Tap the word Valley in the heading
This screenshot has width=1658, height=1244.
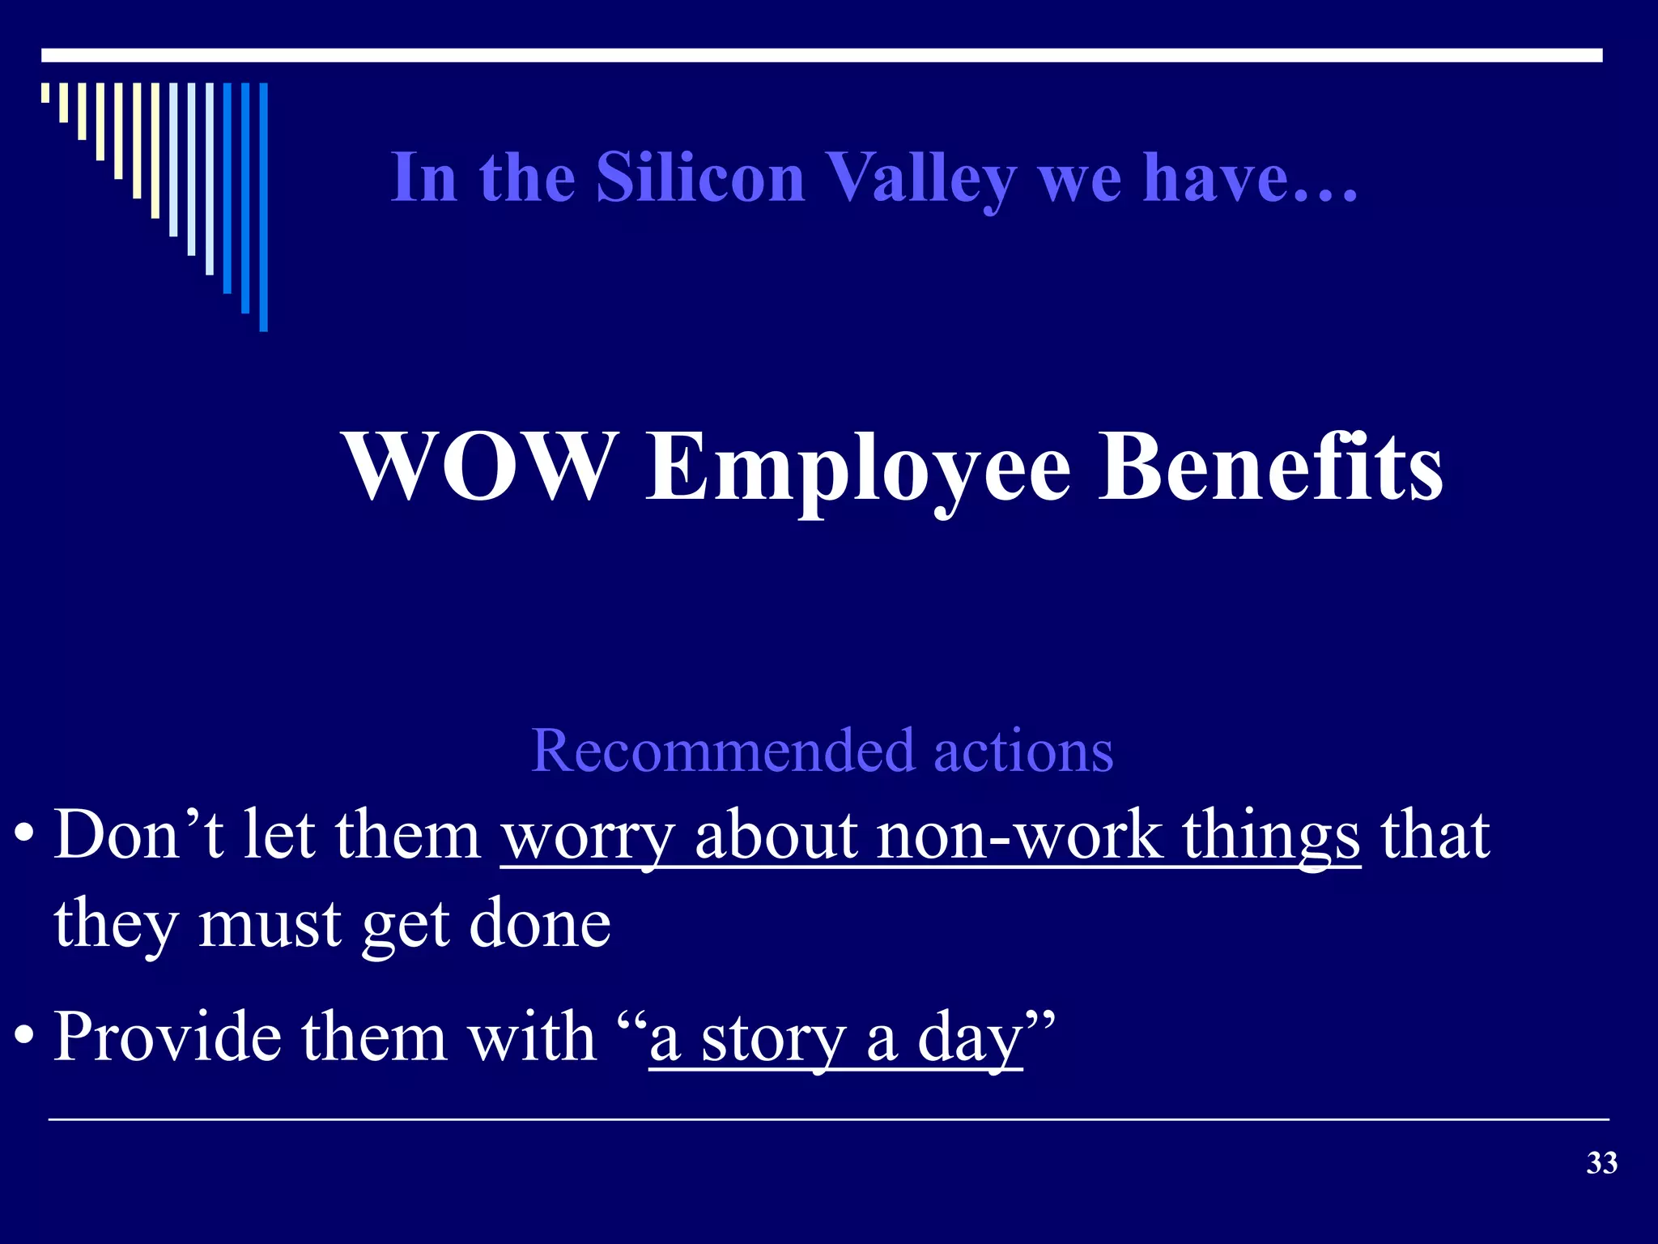(921, 180)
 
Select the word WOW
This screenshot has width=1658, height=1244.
(478, 467)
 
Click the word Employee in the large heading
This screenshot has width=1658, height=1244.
(858, 470)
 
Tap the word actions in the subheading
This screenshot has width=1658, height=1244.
(1023, 751)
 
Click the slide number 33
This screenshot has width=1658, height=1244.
(1601, 1163)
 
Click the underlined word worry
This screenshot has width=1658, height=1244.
(588, 836)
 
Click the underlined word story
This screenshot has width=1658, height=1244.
(773, 1038)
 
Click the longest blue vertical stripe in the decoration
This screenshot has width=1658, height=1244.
(263, 207)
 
